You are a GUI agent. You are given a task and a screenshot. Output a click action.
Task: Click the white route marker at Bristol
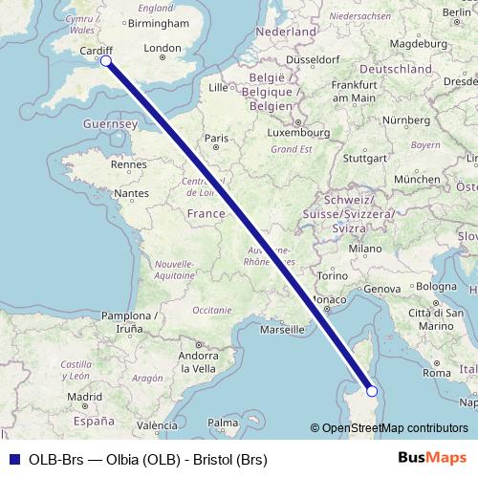tap(106, 61)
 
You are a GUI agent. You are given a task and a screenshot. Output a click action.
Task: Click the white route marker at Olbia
tap(372, 390)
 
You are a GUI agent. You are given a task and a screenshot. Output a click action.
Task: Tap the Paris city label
tap(216, 138)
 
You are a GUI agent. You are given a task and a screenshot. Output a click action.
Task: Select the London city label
tap(161, 48)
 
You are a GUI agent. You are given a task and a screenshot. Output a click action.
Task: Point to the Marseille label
tap(282, 330)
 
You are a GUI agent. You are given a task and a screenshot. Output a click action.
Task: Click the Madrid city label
tap(84, 396)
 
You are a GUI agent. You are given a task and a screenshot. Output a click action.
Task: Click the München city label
tap(417, 179)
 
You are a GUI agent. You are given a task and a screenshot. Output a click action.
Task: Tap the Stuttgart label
tap(363, 158)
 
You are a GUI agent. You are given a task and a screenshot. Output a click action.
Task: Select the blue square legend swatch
tap(14, 459)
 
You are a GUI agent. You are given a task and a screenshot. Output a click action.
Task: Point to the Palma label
tap(222, 421)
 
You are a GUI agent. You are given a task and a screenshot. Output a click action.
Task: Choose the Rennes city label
tap(128, 164)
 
